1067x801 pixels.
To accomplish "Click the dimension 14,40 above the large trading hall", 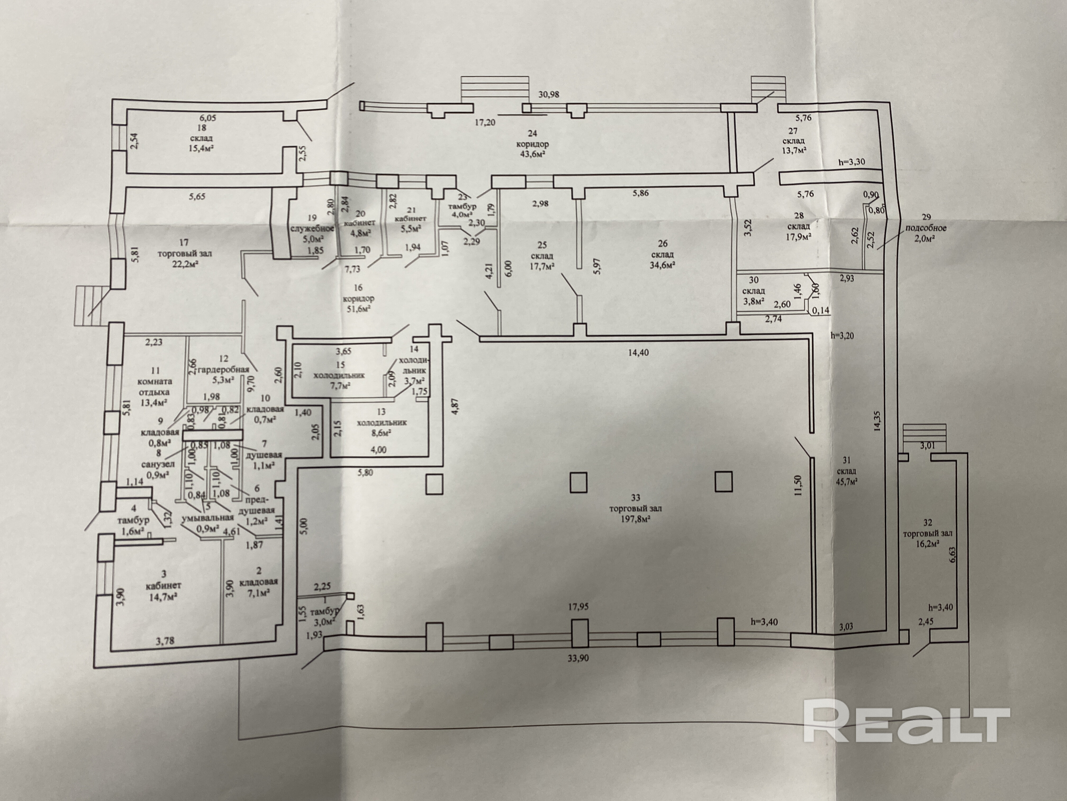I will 638,353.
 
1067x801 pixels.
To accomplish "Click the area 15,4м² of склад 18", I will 201,147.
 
